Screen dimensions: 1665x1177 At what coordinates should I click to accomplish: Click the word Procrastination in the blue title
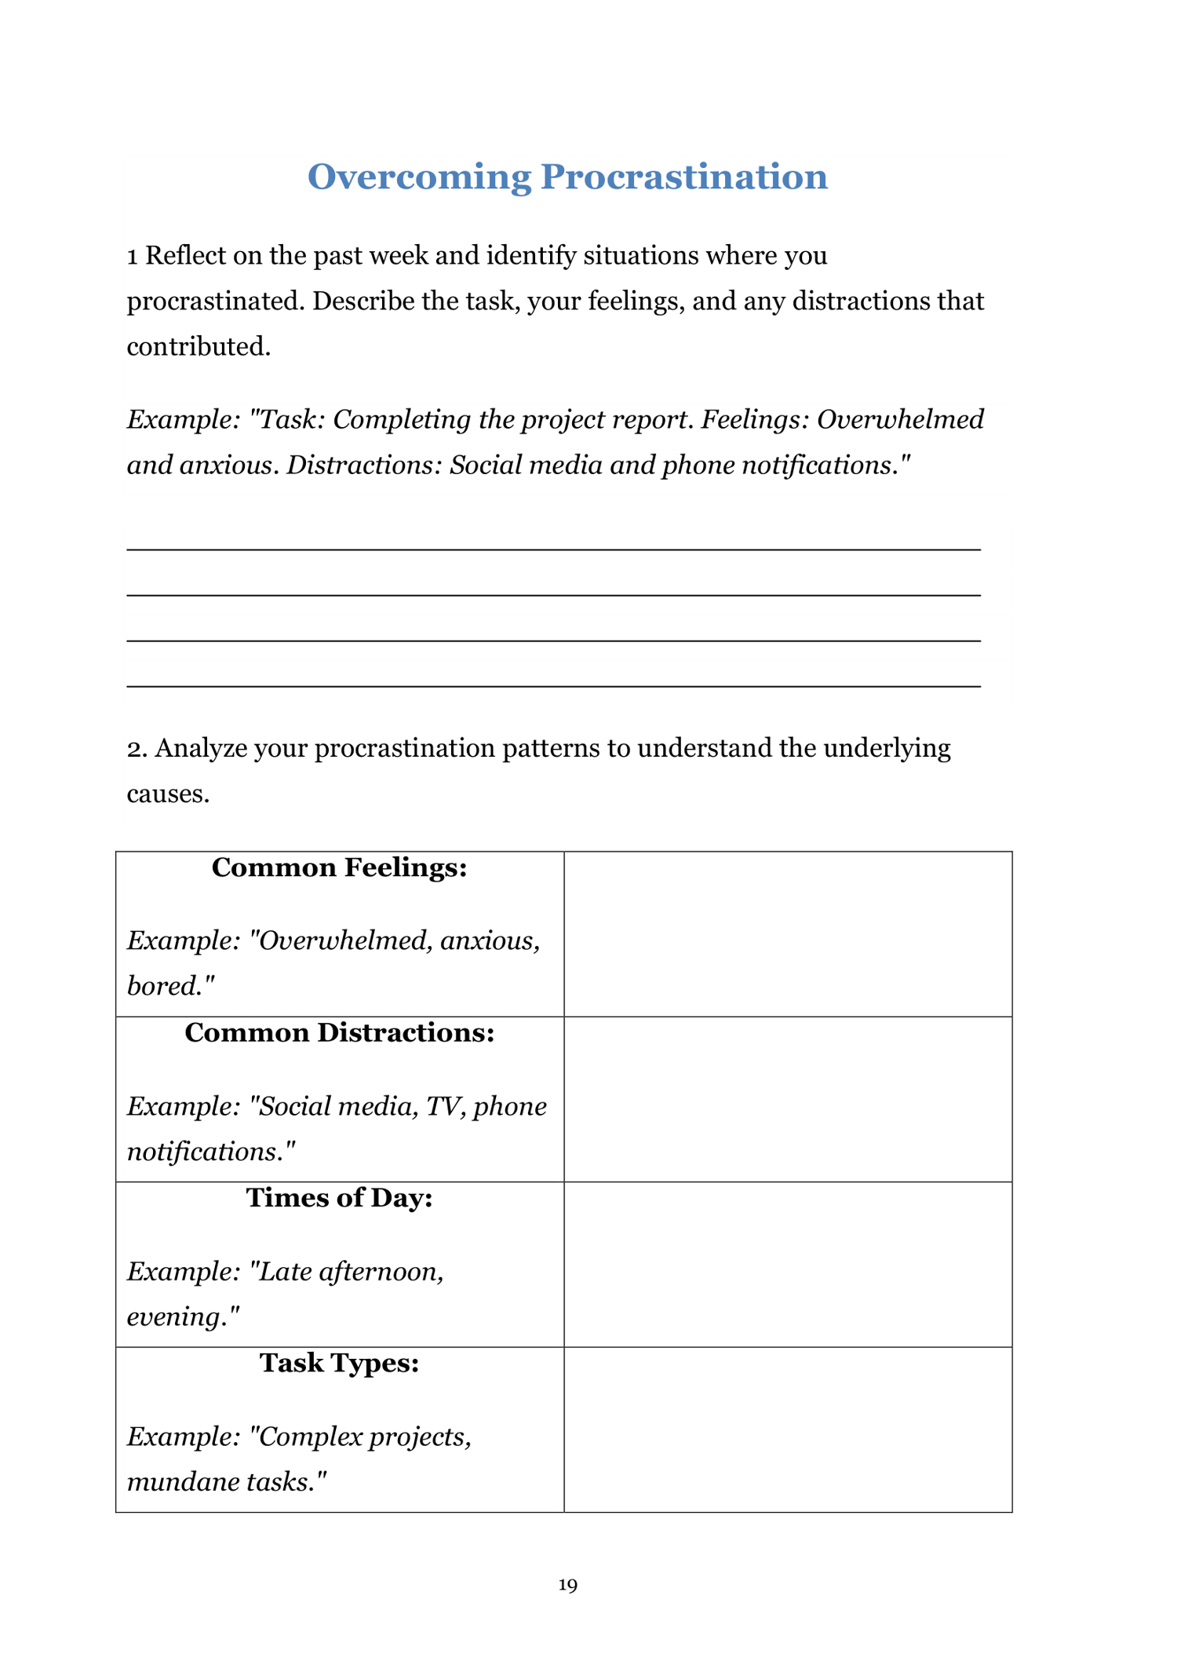pyautogui.click(x=683, y=177)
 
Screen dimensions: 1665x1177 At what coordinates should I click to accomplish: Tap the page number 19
pyautogui.click(x=567, y=1585)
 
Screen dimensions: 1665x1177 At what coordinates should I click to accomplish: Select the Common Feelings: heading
pyautogui.click(x=339, y=868)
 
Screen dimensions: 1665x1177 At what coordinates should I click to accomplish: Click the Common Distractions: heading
pyautogui.click(x=339, y=1033)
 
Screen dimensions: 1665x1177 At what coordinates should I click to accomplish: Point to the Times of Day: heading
pyautogui.click(x=339, y=1198)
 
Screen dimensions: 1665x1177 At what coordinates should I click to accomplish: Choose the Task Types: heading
pyautogui.click(x=339, y=1364)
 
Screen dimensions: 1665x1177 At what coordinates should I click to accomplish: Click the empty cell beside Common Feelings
pyautogui.click(x=788, y=934)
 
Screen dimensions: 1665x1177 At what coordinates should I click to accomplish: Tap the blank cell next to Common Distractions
pyautogui.click(x=788, y=1099)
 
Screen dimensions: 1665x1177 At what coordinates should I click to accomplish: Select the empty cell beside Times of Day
pyautogui.click(x=788, y=1265)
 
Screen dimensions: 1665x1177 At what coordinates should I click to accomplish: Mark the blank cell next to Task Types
pyautogui.click(x=788, y=1429)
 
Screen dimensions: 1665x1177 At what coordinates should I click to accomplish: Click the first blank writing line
pyautogui.click(x=553, y=548)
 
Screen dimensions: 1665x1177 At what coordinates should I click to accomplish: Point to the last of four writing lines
pyautogui.click(x=553, y=685)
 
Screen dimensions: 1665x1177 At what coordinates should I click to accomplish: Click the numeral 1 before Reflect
pyautogui.click(x=133, y=257)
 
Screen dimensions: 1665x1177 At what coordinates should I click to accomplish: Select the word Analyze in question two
pyautogui.click(x=199, y=749)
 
